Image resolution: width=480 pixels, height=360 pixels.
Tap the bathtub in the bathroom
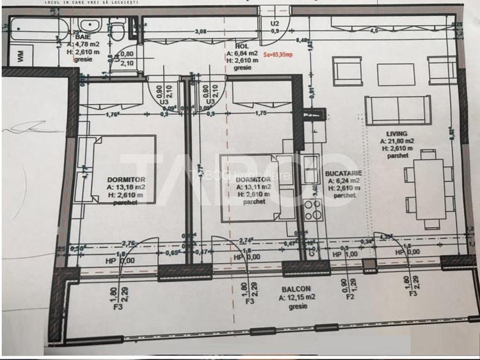click(x=35, y=27)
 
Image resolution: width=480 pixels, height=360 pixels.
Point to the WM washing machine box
click(x=20, y=56)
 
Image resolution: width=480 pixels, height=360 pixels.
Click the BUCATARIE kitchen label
click(x=340, y=173)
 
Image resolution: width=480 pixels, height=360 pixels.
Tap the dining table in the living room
click(x=428, y=190)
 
